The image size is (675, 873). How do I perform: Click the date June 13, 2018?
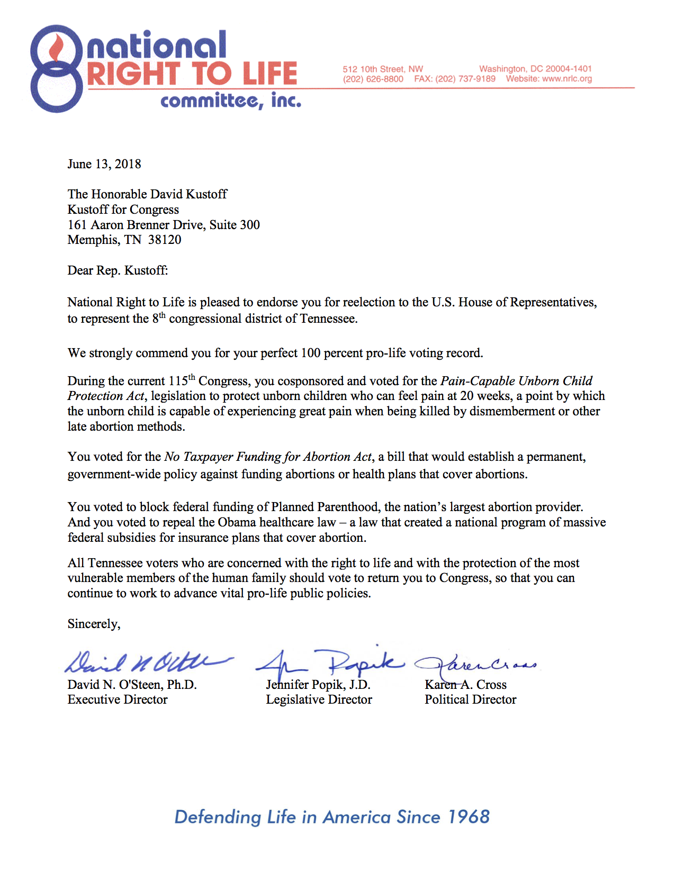pos(104,164)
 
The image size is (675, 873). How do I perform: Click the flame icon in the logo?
pos(57,48)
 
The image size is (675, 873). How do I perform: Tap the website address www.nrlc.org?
pos(567,79)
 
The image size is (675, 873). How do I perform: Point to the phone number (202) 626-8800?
pos(373,79)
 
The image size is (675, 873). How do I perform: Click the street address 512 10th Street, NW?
pos(383,69)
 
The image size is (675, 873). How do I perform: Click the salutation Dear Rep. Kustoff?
pos(118,270)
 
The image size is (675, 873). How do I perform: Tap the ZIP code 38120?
pos(165,240)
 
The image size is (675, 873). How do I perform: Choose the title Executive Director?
pos(118,699)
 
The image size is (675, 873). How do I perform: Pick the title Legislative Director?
pos(319,699)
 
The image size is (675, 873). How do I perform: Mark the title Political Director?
pos(470,699)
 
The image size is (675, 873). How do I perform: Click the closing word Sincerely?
pos(93,624)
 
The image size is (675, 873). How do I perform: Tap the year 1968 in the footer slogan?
pos(469,817)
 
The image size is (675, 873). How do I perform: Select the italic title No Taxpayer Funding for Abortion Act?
pos(268,457)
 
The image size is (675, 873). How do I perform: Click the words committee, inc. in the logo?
pos(231,101)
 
